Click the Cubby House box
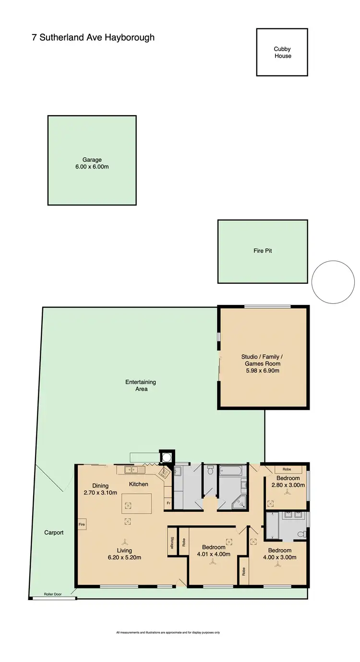tap(282, 52)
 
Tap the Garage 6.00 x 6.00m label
tap(91, 164)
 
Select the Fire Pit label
tap(263, 251)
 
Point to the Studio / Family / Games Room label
tap(262, 363)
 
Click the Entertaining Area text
tap(141, 385)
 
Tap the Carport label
tap(54, 532)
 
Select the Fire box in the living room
tap(82, 525)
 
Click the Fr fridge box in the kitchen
tap(168, 503)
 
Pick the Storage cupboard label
tap(171, 542)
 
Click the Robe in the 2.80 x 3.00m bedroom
tap(288, 469)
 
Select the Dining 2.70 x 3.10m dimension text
tap(97, 493)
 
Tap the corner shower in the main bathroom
tap(240, 502)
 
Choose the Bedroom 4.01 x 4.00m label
tap(213, 551)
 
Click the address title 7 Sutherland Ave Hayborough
tap(93, 37)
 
